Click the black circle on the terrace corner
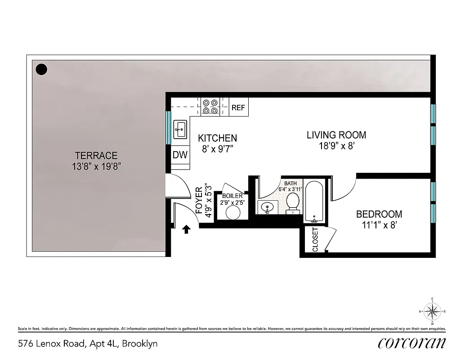click(x=41, y=69)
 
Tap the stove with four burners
click(x=210, y=106)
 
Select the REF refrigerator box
click(x=238, y=108)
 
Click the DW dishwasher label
click(x=180, y=155)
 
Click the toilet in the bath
click(x=294, y=203)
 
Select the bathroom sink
click(x=267, y=208)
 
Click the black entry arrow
click(x=186, y=230)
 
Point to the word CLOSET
click(x=315, y=240)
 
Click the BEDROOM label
click(x=379, y=214)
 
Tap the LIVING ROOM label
click(x=336, y=135)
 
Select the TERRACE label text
click(x=96, y=156)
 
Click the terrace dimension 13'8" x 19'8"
click(x=96, y=166)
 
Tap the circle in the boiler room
click(x=233, y=212)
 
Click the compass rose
click(x=432, y=311)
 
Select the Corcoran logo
click(x=411, y=343)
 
